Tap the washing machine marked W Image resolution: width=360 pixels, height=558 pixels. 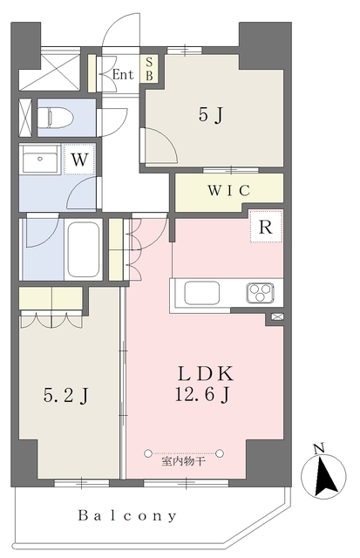pos(79,159)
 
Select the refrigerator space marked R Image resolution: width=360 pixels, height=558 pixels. pos(266,227)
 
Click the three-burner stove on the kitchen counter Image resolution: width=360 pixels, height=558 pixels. pos(260,293)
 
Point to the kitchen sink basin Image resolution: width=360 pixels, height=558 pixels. pos(201,293)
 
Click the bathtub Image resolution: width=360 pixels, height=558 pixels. pos(84,249)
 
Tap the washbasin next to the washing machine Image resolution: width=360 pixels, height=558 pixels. pos(40,159)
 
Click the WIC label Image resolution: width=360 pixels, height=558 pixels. pos(229,191)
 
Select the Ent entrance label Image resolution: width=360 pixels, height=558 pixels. pos(123,74)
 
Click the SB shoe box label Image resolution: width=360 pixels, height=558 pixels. pos(149,69)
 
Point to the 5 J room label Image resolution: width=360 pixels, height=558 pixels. pos(211,114)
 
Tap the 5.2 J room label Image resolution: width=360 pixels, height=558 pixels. pos(65,395)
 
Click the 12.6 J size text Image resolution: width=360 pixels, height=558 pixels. pos(202,394)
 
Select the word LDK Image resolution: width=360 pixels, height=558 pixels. pos(205,373)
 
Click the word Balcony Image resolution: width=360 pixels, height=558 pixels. pos(127,515)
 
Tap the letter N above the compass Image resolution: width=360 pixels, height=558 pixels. pos(319,449)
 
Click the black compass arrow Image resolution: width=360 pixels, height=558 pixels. pos(326,477)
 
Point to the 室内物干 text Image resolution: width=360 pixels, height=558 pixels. pos(184,462)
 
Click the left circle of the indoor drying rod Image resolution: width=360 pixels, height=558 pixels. pos(148,453)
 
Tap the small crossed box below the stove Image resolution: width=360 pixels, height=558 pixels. pos(277,316)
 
